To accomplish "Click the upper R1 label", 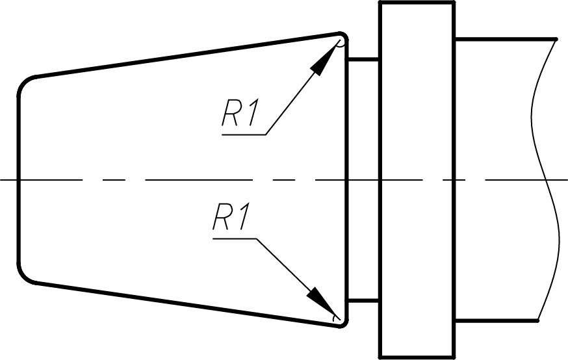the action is coord(240,113).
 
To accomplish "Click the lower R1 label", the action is coord(231,217).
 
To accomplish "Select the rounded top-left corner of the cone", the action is coord(24,82).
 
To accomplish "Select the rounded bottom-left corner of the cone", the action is coord(23,277).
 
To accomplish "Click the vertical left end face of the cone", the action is coord(18,179).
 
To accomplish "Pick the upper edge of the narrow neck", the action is coord(363,58).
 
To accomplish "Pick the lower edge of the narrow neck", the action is coord(363,301).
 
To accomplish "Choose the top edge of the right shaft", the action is coord(506,39).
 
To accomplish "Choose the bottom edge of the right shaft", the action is coord(497,320).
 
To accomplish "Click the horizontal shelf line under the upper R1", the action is coord(244,135).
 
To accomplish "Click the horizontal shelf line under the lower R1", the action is coord(235,238).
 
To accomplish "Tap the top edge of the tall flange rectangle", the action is coord(417,3).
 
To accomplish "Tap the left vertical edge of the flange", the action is coord(380,180).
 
